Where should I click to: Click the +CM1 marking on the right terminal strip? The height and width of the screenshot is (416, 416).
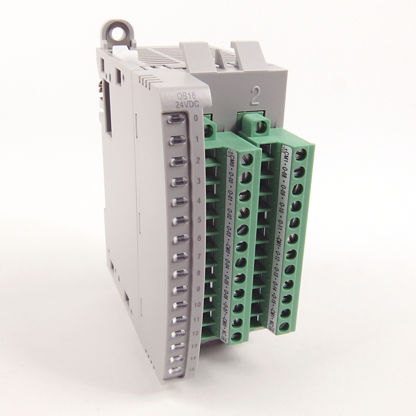coord(285,157)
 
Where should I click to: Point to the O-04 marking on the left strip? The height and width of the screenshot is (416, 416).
coord(228,265)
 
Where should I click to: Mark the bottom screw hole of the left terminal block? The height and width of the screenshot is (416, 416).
coord(237,336)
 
